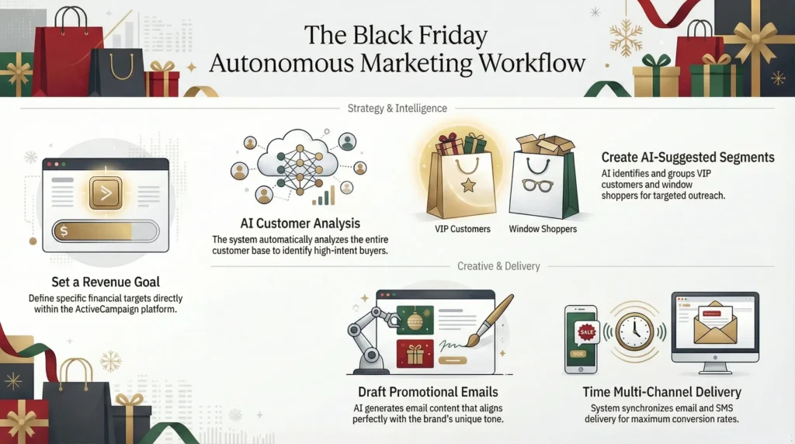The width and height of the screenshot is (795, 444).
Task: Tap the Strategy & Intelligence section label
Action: [397, 108]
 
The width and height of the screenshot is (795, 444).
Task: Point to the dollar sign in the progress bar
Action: [64, 231]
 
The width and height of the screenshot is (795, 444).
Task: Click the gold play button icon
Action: [106, 192]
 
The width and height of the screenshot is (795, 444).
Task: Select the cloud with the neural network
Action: [298, 165]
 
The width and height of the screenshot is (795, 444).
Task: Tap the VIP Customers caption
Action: [462, 230]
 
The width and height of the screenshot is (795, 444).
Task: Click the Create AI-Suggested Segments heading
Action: [688, 158]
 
